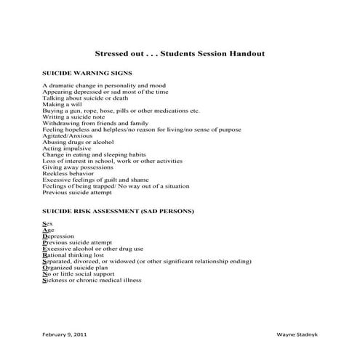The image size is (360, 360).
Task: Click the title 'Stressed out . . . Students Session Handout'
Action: (180, 54)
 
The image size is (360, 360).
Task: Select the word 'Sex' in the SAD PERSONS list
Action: (47, 223)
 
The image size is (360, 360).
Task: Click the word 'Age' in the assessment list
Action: (48, 230)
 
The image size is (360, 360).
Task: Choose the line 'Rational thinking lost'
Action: (73, 255)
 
